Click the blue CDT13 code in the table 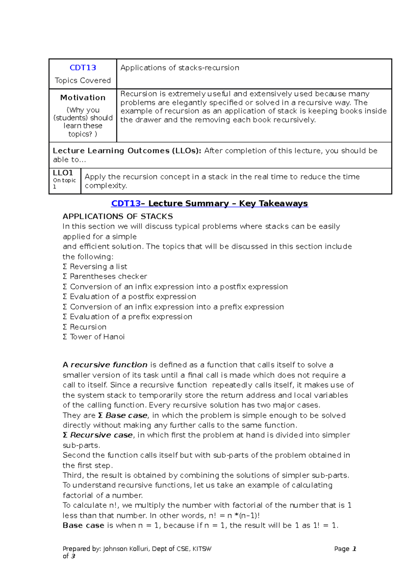point(83,68)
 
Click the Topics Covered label point(83,80)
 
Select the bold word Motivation point(83,98)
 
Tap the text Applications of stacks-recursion point(180,68)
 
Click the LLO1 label point(63,173)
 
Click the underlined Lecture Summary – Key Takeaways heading point(228,204)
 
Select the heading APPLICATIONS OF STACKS point(117,216)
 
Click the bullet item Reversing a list point(98,267)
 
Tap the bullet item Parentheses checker point(108,277)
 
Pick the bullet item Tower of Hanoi point(97,337)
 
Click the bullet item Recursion point(88,327)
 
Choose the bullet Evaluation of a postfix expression point(133,296)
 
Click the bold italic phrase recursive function point(109,365)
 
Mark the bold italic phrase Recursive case point(101,435)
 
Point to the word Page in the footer point(342,549)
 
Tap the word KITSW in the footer point(201,549)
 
